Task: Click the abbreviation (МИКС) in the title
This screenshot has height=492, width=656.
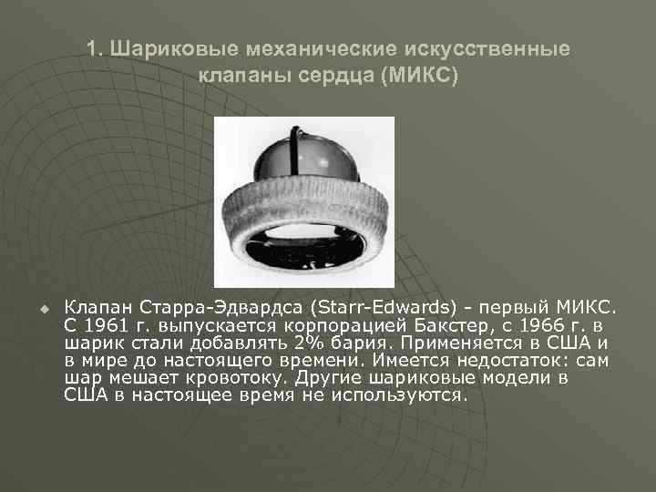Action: pyautogui.click(x=420, y=74)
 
